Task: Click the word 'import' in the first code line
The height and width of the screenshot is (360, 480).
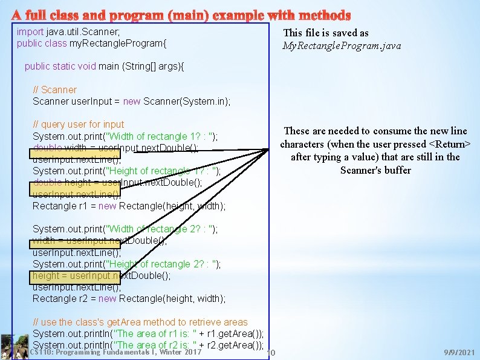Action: [x=30, y=31]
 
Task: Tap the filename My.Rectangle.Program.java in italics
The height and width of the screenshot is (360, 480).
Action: [x=342, y=46]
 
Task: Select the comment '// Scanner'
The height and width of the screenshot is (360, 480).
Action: [x=55, y=90]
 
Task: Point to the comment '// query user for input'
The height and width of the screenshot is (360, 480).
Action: [x=79, y=125]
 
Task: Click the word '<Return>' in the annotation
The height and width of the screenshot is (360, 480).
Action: [x=449, y=144]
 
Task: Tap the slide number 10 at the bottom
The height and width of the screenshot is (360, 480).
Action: [x=271, y=353]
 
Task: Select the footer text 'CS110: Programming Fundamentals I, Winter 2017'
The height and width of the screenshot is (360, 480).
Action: [x=115, y=352]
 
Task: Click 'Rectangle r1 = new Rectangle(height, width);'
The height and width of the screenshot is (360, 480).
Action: [x=129, y=206]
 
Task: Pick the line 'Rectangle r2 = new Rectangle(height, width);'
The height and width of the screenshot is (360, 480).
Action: [x=129, y=299]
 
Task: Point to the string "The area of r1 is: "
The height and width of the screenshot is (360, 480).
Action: [x=157, y=334]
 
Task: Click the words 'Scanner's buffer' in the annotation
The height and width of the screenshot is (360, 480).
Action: [x=375, y=171]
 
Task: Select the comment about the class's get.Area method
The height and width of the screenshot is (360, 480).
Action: [x=140, y=322]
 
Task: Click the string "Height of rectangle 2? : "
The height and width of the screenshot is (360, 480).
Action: [x=163, y=264]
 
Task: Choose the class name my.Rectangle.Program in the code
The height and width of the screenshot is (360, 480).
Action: [x=117, y=44]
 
